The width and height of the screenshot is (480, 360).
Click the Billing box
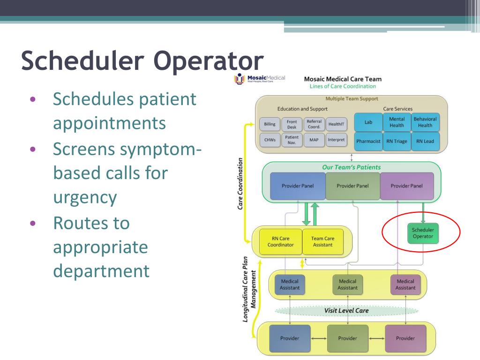click(x=270, y=124)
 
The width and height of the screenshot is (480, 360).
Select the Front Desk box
click(x=292, y=124)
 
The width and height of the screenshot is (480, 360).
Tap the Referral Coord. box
click(x=314, y=124)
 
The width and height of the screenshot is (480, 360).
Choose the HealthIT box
click(x=336, y=124)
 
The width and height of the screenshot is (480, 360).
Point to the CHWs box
click(x=270, y=140)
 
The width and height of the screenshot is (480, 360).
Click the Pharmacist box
click(x=368, y=141)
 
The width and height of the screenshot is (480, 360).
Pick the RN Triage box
click(x=397, y=141)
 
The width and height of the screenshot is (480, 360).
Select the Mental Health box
click(x=397, y=122)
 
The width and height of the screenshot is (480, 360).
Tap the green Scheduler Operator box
click(x=423, y=233)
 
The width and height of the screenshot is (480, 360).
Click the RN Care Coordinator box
click(x=280, y=241)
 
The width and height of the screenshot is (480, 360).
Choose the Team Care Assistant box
click(x=322, y=241)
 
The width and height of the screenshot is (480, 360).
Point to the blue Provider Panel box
click(x=298, y=186)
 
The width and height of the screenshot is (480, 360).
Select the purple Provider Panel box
click(x=406, y=186)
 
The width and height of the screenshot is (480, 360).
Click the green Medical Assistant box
click(x=347, y=285)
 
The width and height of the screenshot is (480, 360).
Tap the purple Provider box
click(x=405, y=338)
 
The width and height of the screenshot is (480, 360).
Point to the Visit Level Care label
click(x=346, y=310)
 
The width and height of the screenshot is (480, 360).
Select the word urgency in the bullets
click(x=84, y=197)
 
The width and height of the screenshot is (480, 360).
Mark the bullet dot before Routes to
click(x=32, y=223)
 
